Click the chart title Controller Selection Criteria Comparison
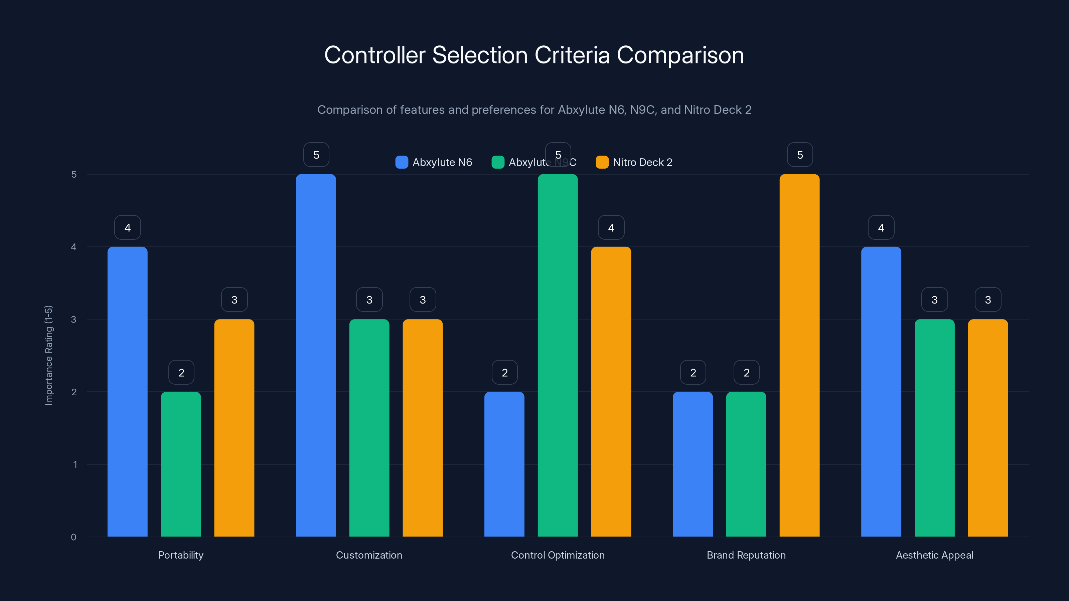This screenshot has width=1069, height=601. coord(534,55)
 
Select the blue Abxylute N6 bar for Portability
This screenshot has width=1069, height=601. coord(127,392)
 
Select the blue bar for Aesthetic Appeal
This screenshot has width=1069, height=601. coord(881,392)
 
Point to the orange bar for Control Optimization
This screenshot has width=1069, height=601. coord(611,392)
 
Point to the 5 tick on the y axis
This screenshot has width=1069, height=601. coord(74,174)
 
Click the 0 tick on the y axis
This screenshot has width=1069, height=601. coord(73,537)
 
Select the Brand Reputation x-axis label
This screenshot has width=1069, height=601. coord(746,555)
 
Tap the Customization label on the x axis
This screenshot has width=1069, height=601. coord(369,555)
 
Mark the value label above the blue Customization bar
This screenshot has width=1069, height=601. coord(316,155)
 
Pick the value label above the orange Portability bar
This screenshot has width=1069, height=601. coord(235,299)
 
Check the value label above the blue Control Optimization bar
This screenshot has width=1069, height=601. coord(505,373)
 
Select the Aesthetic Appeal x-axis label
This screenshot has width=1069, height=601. coord(935,555)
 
